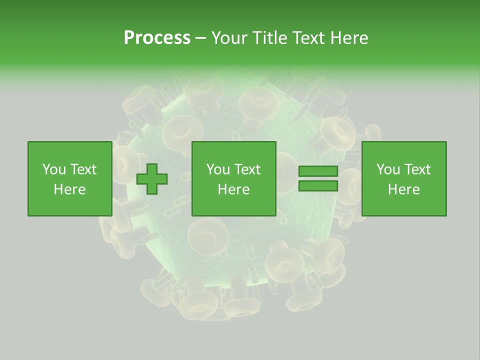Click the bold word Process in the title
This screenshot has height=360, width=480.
(x=157, y=38)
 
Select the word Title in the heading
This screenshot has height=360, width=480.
(x=270, y=38)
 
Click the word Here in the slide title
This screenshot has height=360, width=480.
(x=349, y=38)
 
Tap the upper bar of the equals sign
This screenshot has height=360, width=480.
(x=318, y=171)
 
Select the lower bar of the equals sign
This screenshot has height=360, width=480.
(x=318, y=186)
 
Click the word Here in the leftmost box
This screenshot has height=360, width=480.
(x=69, y=189)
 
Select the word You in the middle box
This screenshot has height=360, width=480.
(x=218, y=169)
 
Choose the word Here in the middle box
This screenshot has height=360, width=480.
(x=233, y=189)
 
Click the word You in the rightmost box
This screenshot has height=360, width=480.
(x=388, y=169)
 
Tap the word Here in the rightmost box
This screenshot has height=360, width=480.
(x=403, y=189)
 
